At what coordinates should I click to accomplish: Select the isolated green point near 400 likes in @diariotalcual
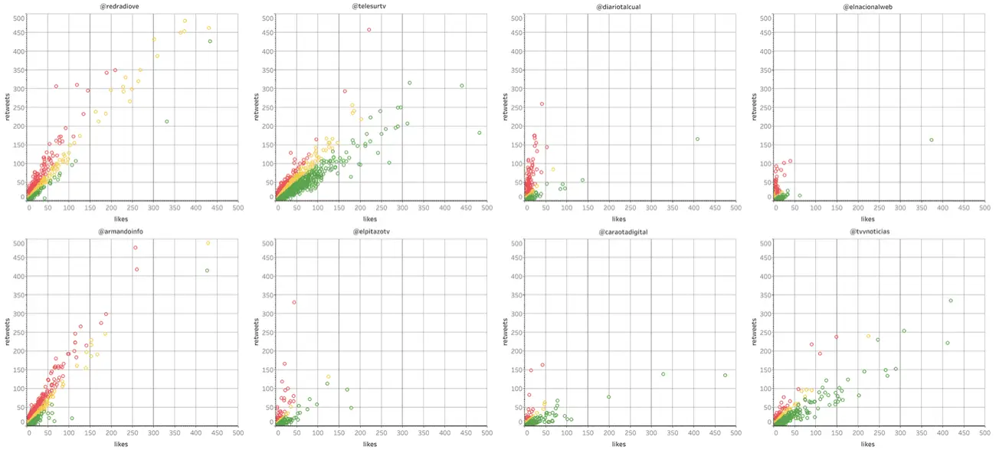pyautogui.click(x=697, y=139)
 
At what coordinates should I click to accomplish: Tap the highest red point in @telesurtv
pyautogui.click(x=369, y=30)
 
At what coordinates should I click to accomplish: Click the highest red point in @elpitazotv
pyautogui.click(x=293, y=302)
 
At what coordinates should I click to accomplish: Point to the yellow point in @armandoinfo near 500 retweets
pyautogui.click(x=208, y=243)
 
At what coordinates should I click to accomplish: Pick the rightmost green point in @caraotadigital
pyautogui.click(x=725, y=375)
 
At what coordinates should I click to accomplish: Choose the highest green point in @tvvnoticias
pyautogui.click(x=951, y=301)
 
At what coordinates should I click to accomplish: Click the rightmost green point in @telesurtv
pyautogui.click(x=479, y=133)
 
